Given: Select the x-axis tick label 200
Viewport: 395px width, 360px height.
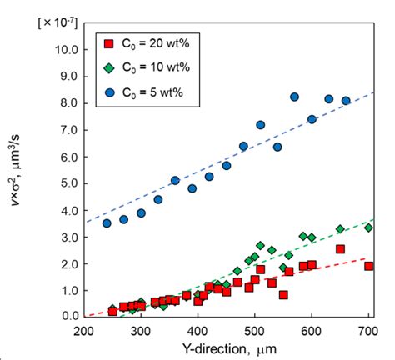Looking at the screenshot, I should pos(84,331).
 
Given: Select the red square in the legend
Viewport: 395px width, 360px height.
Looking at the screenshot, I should pos(107,42).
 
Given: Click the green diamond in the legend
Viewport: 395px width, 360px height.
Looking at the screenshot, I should pos(107,67).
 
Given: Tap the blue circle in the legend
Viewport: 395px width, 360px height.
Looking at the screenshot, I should pos(107,91).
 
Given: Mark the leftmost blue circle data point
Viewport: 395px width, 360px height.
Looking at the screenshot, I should pos(107,222).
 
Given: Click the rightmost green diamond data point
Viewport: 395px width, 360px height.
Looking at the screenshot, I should pos(368,227).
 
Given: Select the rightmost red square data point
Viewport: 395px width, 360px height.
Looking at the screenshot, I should pos(368,266).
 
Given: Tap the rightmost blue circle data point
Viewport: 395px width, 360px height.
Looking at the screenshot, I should pos(346,101).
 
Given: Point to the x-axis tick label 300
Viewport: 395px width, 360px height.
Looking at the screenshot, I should pos(141,331).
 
